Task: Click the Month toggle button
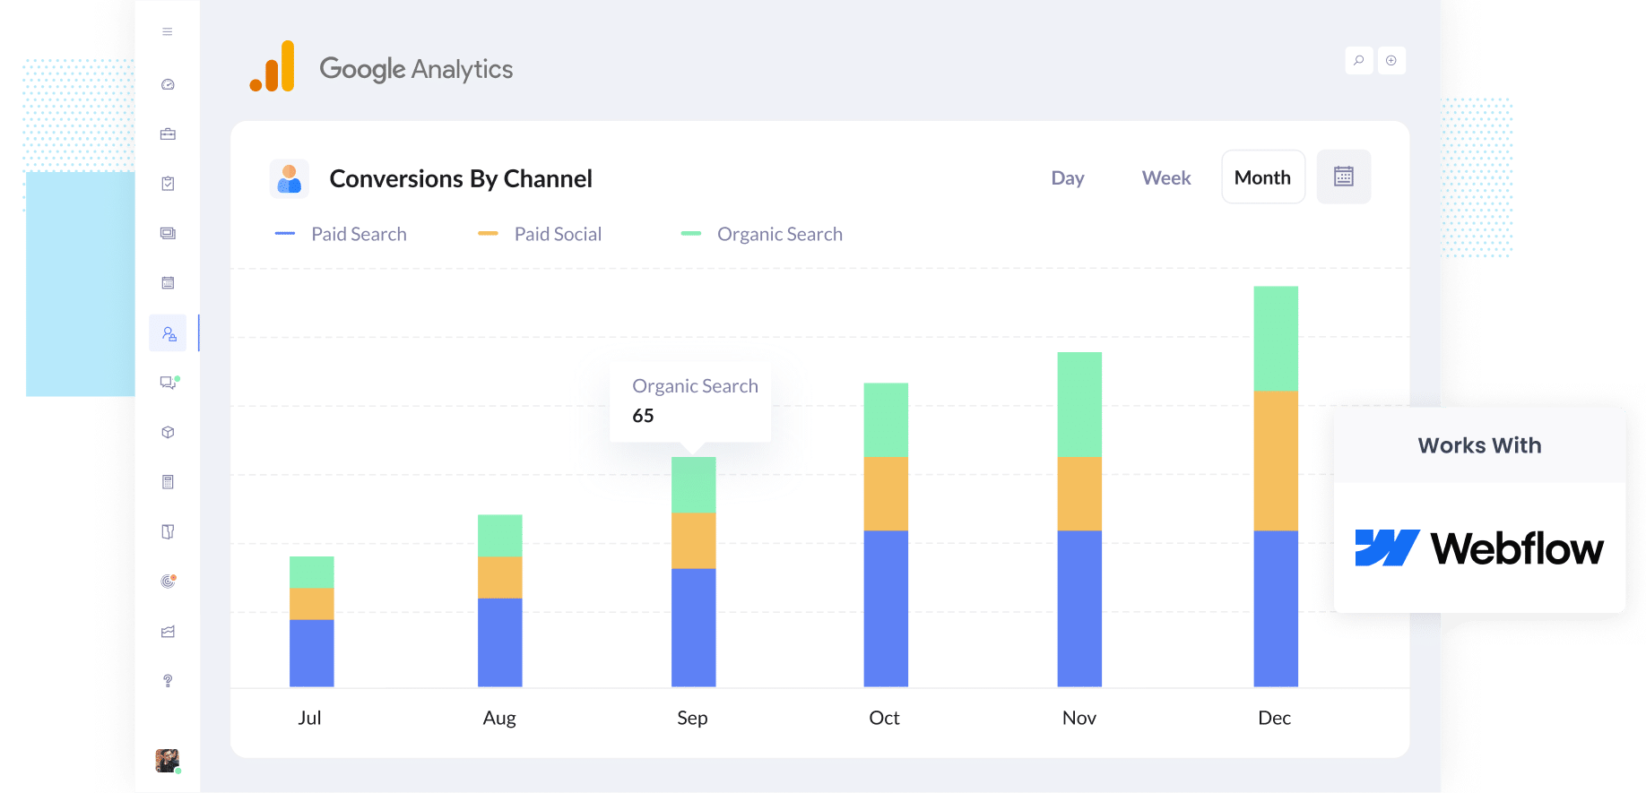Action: (x=1262, y=177)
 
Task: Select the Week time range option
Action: (x=1165, y=178)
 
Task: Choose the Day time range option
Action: (x=1067, y=178)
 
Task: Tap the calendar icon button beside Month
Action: (x=1343, y=177)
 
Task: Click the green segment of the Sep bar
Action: (x=693, y=485)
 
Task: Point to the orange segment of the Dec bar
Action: (x=1275, y=461)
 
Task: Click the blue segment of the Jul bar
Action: (x=311, y=652)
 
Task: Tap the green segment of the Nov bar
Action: (x=1079, y=404)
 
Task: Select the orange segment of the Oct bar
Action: (x=885, y=493)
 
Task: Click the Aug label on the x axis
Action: (x=499, y=718)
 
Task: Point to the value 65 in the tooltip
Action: (x=643, y=416)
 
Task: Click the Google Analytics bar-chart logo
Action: (x=273, y=66)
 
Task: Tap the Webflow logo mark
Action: (x=1386, y=548)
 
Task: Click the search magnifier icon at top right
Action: (x=1358, y=60)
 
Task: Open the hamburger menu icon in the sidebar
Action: (x=168, y=31)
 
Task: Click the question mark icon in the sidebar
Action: (x=168, y=681)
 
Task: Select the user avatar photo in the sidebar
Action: (x=167, y=761)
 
